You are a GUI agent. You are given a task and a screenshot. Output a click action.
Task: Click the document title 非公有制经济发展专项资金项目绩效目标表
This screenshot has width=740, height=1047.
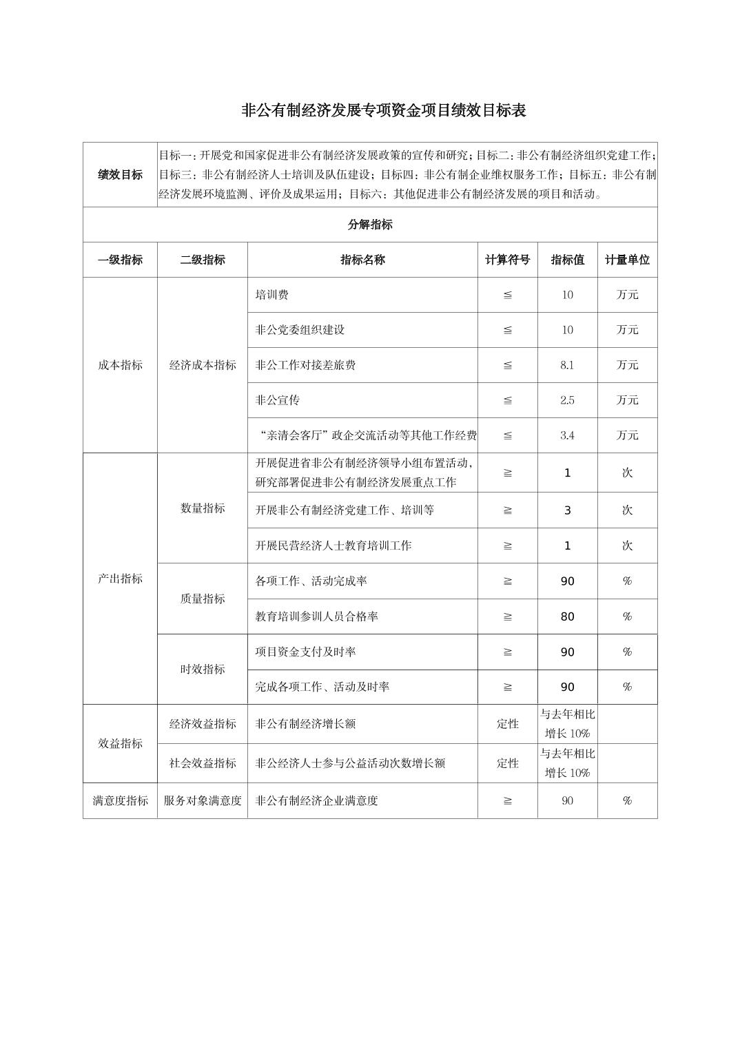coord(384,111)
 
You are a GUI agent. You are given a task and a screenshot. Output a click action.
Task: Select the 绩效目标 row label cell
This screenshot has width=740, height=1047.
coord(120,175)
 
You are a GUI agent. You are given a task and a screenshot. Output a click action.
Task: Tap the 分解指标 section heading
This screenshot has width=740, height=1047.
coord(370,225)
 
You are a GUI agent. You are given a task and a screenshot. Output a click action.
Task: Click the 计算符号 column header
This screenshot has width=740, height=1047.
coord(507,260)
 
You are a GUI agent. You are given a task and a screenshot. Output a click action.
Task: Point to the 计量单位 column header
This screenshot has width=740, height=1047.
coord(627,260)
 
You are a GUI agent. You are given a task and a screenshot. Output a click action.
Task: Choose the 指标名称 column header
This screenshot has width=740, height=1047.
coord(362,260)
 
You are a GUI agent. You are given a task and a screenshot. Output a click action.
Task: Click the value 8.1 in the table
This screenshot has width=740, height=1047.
coord(567,365)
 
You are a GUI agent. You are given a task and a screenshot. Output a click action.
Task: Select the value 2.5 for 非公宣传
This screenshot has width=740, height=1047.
coord(567,400)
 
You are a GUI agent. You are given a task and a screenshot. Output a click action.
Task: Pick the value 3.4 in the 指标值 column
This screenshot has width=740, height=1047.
coord(567,435)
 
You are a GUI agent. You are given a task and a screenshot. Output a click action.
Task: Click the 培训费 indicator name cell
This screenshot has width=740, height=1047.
coord(272,295)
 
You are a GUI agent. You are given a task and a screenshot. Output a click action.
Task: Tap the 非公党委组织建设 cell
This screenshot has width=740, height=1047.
coord(300,330)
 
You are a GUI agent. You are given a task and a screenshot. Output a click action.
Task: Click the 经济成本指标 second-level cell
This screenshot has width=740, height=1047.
coord(203,365)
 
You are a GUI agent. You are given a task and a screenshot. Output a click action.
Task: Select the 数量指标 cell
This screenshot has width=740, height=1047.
coord(203,508)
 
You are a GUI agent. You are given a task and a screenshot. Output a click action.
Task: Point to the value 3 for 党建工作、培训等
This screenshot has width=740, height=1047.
coord(567,510)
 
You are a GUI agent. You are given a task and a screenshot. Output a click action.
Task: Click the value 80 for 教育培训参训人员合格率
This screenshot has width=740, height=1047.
coord(567,616)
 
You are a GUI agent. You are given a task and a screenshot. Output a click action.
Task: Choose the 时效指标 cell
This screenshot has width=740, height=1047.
coord(203,669)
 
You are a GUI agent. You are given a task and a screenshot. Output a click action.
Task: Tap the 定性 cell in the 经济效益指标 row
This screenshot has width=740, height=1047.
coord(507,724)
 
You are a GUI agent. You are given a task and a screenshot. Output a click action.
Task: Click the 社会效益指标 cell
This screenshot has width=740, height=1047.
coord(203,763)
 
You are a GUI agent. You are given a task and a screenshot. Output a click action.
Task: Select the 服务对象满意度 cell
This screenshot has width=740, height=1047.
coord(203,800)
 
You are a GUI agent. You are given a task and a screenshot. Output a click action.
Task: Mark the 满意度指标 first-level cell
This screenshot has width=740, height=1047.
coord(120,800)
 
